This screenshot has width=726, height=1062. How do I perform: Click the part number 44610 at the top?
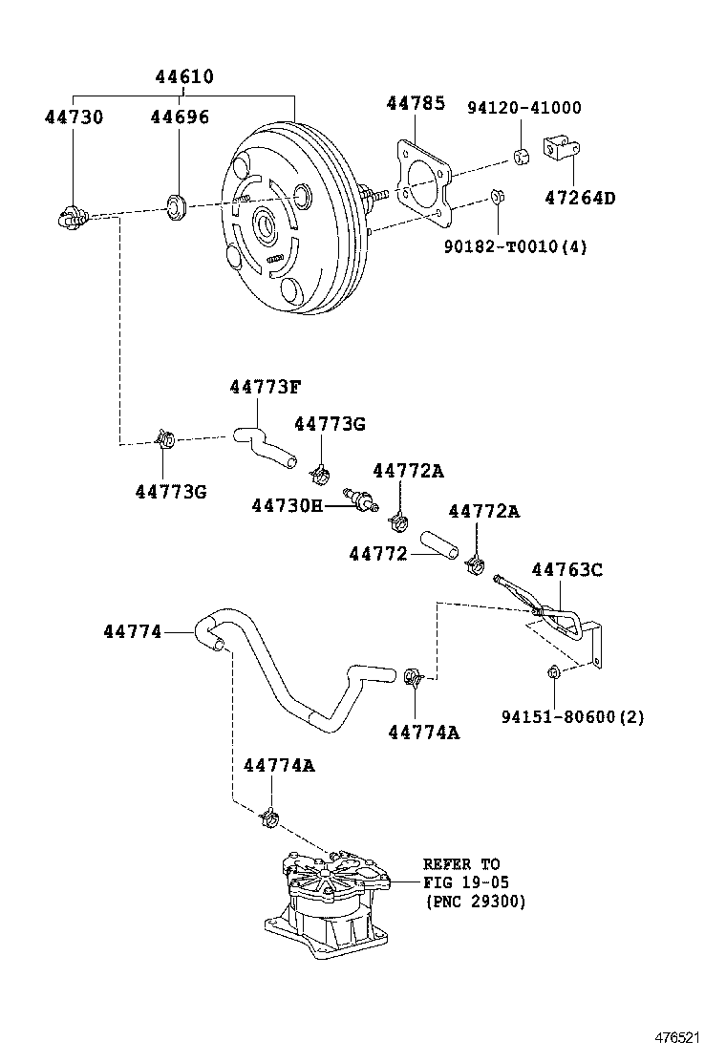pos(184,76)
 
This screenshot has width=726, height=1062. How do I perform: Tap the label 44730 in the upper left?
pos(74,117)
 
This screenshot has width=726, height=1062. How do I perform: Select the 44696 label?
pos(180,117)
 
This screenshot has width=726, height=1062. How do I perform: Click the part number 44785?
pos(416,103)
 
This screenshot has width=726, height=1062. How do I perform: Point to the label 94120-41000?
pos(524,108)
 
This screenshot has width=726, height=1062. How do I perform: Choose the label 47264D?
pos(581,198)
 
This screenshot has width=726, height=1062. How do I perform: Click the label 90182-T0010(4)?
pos(516,246)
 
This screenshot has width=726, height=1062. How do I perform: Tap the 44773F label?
pos(265,387)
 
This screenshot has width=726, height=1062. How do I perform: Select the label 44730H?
pos(288,505)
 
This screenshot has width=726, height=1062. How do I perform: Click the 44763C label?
pos(566,569)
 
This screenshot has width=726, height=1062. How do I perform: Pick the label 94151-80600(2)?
pos(573,716)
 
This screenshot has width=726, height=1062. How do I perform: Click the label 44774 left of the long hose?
pos(133,632)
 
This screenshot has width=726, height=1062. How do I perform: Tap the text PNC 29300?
pos(475,902)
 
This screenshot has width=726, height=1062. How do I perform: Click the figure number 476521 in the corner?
pos(676,1037)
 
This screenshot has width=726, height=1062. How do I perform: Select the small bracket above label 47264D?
pos(562,149)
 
